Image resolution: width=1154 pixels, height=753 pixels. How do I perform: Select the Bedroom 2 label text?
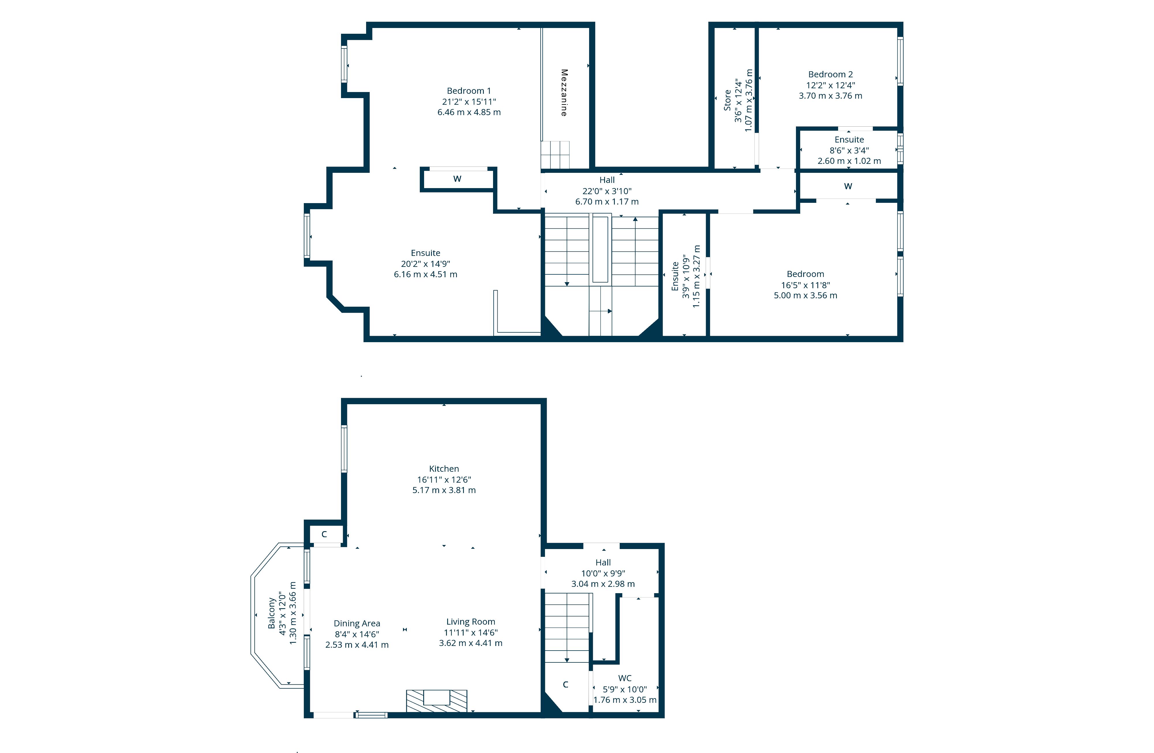click(x=830, y=74)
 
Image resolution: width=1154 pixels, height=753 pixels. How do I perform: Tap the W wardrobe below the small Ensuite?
click(x=848, y=186)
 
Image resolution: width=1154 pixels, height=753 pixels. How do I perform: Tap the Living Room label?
click(x=470, y=622)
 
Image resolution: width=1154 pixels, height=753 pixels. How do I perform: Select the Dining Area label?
click(x=357, y=623)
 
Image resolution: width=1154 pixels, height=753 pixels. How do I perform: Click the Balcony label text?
click(x=271, y=613)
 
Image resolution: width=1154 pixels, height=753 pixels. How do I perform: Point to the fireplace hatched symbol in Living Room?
click(x=437, y=701)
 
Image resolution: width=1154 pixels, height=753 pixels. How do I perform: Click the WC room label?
click(x=625, y=678)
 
